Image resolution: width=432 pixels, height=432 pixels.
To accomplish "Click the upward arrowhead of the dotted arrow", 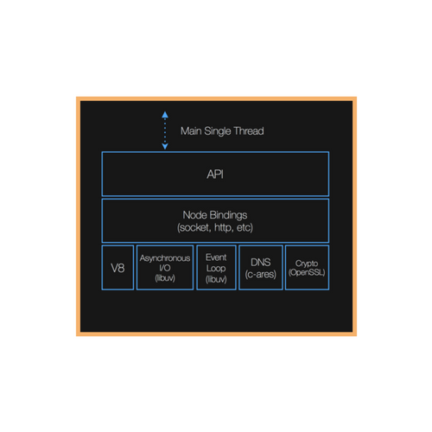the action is pos(165,115).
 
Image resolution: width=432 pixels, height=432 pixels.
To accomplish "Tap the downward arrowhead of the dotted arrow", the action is pos(165,146).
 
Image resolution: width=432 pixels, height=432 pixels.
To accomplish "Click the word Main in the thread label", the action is pos(191,131).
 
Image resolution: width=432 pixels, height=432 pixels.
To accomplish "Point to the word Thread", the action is pos(249,131).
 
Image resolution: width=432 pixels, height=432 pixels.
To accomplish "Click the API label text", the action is pos(215,175).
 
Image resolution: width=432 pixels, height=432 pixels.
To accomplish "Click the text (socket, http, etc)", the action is pos(215,227).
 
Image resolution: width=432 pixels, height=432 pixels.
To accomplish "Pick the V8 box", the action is pos(118,268).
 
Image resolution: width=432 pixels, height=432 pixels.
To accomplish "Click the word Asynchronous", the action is pos(165,258).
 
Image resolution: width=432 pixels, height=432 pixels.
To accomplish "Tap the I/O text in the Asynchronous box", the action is pos(165,268).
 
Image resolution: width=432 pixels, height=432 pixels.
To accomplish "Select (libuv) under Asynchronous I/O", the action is pos(165,278).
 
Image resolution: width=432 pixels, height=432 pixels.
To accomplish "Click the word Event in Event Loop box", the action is pos(216,257).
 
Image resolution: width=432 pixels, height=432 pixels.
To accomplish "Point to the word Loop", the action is pos(216,269).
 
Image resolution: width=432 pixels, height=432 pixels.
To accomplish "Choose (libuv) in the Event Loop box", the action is pos(216,279).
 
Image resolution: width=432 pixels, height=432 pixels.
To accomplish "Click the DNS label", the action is pos(261,263).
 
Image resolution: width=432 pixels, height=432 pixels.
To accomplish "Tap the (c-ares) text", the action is pos(261,274).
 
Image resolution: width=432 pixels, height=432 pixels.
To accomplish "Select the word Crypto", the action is pos(307,264).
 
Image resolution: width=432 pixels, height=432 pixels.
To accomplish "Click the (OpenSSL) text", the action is pos(307,272).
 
